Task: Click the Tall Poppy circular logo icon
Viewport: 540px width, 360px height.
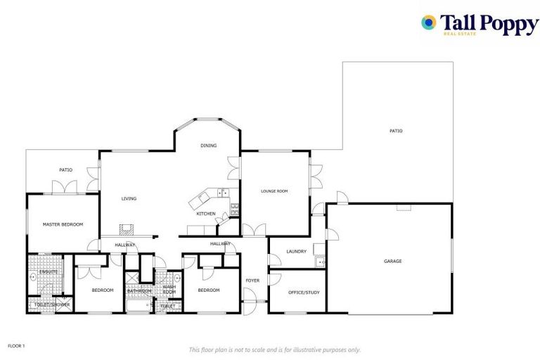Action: click(428, 22)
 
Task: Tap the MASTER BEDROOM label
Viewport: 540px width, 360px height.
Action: click(63, 224)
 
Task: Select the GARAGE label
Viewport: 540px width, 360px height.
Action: click(392, 261)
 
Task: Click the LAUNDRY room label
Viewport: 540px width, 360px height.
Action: click(296, 251)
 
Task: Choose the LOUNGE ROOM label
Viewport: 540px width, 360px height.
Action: click(274, 191)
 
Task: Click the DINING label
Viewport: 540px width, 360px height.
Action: click(208, 146)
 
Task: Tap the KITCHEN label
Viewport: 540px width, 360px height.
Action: click(205, 214)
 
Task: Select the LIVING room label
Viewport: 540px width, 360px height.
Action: click(129, 198)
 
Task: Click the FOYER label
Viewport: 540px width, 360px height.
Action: click(252, 281)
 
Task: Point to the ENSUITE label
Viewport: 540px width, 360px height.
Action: click(49, 271)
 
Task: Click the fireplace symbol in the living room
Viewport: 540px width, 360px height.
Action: click(125, 229)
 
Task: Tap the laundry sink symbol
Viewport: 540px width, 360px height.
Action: click(320, 262)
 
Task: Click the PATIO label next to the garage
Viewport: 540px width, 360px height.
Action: click(397, 131)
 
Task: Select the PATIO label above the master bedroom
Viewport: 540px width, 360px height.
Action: click(65, 169)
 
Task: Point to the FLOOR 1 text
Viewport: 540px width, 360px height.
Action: click(16, 346)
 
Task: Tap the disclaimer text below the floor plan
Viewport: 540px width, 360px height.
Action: click(274, 349)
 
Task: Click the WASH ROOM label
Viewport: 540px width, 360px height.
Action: click(169, 289)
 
